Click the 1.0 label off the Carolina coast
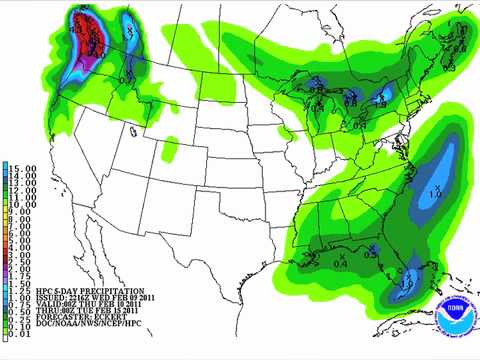(435, 192)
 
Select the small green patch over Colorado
(171, 150)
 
